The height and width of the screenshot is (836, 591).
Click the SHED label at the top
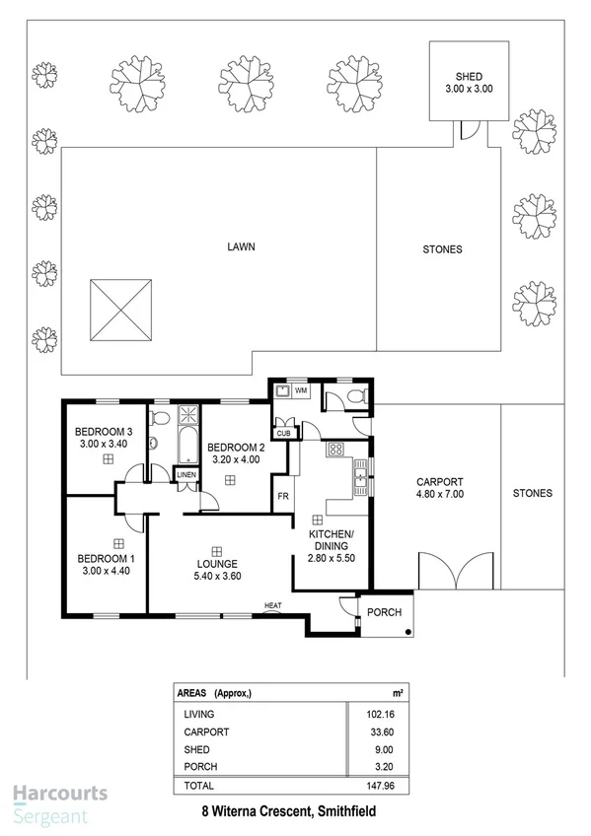pos(468,76)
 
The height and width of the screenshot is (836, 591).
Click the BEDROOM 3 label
pos(104,432)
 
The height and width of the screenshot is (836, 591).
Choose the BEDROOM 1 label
pos(106,559)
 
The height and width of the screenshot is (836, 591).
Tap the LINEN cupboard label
pos(186,475)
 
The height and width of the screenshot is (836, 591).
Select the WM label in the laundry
pos(301,391)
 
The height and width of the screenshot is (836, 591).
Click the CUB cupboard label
pos(283,433)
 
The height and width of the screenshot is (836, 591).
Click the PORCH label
pos(385,612)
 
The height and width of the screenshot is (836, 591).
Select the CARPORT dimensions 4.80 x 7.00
pos(441,494)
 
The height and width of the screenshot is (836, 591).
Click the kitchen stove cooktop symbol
pos(334,450)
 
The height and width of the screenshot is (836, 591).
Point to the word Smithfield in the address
pos(341,812)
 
